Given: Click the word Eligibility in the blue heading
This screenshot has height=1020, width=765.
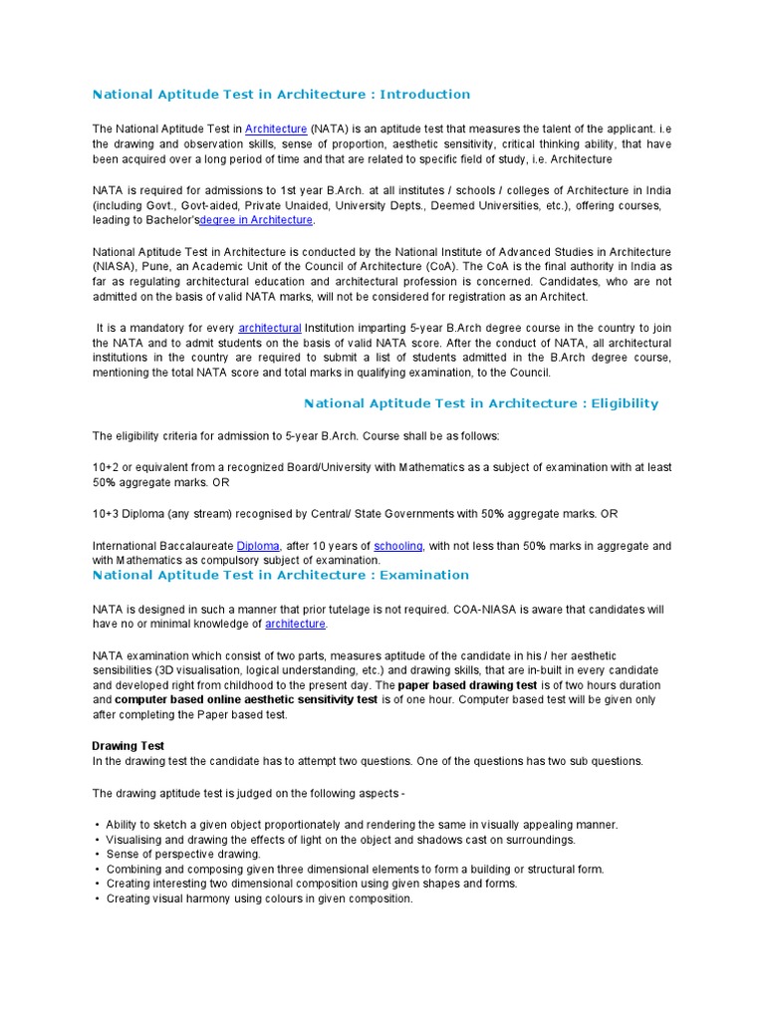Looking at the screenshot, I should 619,403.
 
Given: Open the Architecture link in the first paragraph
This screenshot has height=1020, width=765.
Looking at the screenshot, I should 276,128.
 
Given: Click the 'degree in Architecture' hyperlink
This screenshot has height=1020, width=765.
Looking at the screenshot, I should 256,220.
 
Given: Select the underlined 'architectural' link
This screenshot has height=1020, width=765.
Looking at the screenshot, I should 269,328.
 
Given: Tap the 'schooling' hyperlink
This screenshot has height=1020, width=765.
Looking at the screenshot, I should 398,546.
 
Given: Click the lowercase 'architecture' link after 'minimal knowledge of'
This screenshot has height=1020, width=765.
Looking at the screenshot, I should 296,624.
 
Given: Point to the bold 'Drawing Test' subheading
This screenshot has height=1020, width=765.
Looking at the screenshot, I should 128,746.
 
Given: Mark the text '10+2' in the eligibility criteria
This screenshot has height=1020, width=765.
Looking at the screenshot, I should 106,467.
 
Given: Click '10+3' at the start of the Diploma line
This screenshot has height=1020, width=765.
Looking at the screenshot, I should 106,514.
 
